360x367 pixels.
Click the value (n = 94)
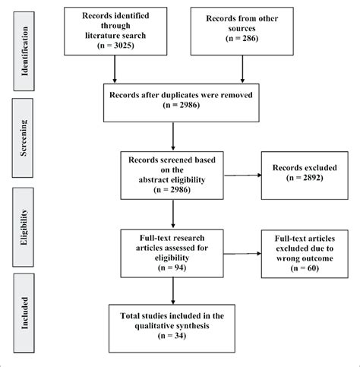click(175, 267)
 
